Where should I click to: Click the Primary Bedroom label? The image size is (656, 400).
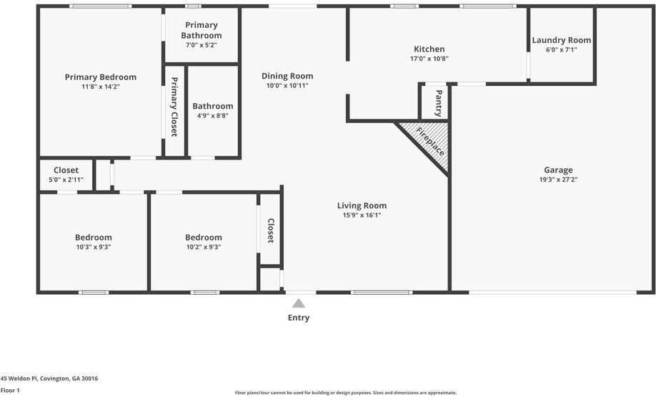click(100, 77)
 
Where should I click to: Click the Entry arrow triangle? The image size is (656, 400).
click(299, 303)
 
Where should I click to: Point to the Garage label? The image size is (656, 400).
click(558, 170)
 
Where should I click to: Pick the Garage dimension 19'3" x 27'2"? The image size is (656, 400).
click(558, 180)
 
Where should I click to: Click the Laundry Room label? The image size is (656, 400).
click(561, 40)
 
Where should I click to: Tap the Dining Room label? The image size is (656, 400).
click(287, 76)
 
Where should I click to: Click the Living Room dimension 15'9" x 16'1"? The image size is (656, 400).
click(362, 215)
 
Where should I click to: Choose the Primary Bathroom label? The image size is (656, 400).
click(201, 30)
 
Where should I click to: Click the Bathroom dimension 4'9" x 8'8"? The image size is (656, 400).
click(212, 116)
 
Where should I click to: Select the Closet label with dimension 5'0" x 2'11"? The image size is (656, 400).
click(66, 170)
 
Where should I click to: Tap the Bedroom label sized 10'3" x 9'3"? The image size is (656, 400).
click(93, 238)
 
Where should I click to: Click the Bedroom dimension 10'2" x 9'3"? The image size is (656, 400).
click(203, 248)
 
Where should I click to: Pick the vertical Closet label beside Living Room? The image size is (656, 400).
click(271, 230)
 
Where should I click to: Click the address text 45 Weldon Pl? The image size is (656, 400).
click(49, 379)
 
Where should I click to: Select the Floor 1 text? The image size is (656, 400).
click(11, 391)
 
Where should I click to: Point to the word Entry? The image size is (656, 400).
click(299, 318)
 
